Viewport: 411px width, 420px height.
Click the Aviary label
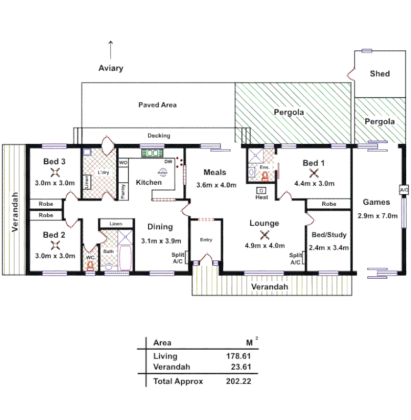(x=110, y=68)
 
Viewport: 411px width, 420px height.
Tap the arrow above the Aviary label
(x=110, y=50)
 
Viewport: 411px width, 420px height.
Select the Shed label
(x=379, y=73)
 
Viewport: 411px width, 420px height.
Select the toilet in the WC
(x=90, y=266)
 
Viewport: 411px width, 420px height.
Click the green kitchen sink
(x=152, y=153)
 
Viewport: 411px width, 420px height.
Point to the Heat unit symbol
(x=262, y=191)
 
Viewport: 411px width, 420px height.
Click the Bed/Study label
(x=329, y=235)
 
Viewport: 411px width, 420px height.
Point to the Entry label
(x=205, y=240)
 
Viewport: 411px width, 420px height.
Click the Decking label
(x=158, y=135)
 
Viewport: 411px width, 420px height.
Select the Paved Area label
(x=157, y=105)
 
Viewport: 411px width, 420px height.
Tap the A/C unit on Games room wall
(x=404, y=190)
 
